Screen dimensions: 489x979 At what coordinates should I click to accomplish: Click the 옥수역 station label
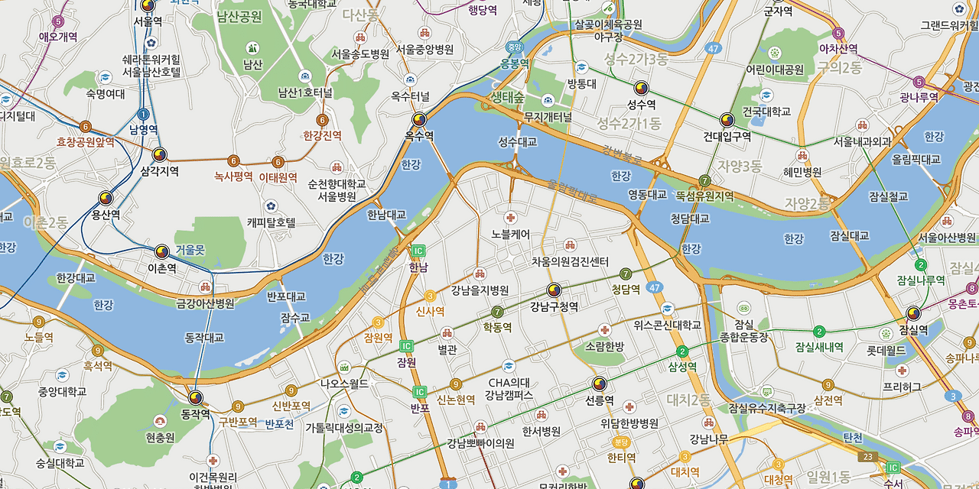click(419, 136)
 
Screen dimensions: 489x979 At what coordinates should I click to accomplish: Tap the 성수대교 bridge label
click(518, 142)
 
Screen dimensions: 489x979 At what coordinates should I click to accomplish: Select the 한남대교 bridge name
click(386, 215)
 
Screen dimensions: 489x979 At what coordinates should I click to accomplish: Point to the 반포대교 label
click(286, 296)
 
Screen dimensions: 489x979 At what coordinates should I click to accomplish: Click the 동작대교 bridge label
click(204, 337)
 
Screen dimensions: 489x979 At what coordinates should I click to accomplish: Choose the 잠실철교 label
click(888, 196)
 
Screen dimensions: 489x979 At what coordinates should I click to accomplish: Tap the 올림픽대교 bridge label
click(916, 160)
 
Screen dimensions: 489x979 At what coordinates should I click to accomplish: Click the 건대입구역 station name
click(727, 137)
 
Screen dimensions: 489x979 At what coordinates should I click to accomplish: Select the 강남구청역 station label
click(554, 306)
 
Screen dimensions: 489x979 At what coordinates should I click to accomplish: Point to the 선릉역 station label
click(599, 400)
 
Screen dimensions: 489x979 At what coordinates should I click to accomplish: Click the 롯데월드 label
click(886, 351)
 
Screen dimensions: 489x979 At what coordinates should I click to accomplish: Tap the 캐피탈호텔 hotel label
click(271, 222)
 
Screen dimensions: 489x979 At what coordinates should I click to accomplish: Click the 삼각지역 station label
click(159, 172)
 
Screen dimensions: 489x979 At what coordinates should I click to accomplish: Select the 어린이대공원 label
click(775, 70)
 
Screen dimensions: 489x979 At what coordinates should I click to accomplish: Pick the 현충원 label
click(160, 438)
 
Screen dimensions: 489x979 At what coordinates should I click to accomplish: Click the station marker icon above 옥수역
click(419, 120)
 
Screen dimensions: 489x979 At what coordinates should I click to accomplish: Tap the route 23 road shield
click(867, 457)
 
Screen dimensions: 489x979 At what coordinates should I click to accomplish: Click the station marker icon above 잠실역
click(913, 313)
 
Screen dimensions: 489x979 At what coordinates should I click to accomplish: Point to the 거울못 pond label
click(190, 250)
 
